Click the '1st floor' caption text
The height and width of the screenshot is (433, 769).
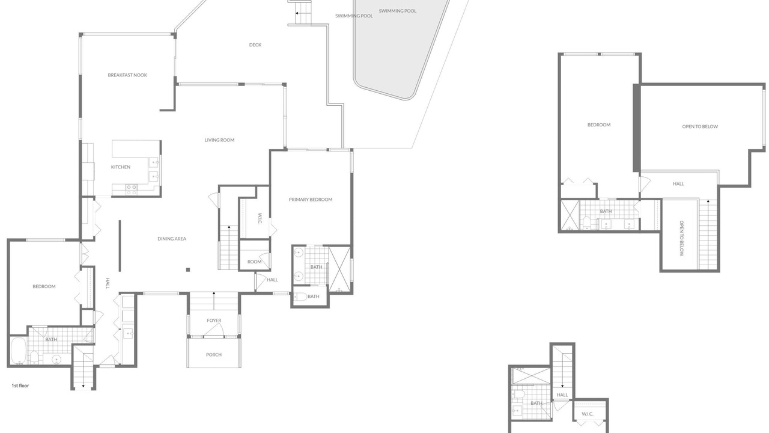(x=20, y=385)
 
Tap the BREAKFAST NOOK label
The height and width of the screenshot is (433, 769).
(x=127, y=75)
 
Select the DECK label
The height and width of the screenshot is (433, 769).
(x=255, y=45)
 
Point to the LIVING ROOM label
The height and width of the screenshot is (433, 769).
(x=219, y=140)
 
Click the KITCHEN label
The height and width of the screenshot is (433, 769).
(x=121, y=167)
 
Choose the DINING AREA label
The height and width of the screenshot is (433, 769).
(x=172, y=239)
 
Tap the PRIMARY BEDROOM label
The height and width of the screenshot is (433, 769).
(x=311, y=199)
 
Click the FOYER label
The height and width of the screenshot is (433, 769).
(x=214, y=321)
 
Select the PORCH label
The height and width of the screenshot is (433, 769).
(x=213, y=355)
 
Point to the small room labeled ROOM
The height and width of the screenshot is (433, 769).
(x=254, y=262)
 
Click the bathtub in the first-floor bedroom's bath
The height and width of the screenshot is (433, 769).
(x=18, y=351)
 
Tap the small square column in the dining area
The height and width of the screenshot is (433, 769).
(x=188, y=270)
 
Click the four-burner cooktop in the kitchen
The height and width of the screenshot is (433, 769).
(x=131, y=189)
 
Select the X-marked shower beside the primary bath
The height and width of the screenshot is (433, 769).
(x=339, y=269)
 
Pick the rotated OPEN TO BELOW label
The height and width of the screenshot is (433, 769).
(x=682, y=238)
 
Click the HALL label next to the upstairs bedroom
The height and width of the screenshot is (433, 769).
(x=678, y=184)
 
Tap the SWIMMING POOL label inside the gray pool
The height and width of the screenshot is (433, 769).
(x=398, y=11)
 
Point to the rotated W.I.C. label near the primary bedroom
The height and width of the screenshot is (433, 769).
(x=260, y=218)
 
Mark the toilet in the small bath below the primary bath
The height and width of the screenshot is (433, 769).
(x=301, y=296)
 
